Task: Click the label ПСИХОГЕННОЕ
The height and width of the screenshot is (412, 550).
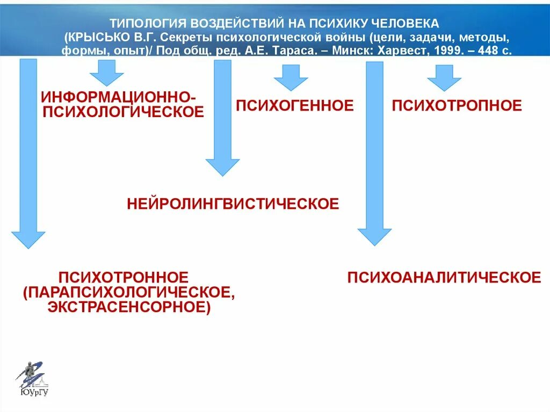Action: [295, 105]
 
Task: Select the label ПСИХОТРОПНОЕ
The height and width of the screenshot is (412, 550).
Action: [457, 105]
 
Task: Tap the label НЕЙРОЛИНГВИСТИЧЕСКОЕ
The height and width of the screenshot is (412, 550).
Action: [233, 204]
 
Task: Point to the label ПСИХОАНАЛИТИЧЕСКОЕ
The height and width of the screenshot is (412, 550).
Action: [444, 277]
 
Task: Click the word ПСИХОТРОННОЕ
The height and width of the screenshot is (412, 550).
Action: [124, 278]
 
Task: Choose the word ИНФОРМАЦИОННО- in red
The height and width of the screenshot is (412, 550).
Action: [119, 98]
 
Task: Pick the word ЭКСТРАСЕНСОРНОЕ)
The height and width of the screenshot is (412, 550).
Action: [128, 307]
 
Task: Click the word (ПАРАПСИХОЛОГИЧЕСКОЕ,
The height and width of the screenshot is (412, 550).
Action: [129, 293]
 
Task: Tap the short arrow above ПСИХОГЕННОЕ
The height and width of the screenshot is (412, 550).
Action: [291, 77]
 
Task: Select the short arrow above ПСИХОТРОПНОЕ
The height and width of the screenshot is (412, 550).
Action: [444, 77]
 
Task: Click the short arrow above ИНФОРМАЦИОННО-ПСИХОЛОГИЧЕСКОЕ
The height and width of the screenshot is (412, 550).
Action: [106, 73]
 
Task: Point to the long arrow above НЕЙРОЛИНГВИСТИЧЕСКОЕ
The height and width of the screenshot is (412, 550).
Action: [222, 118]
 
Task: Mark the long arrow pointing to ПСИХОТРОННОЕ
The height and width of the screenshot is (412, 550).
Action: [28, 153]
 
